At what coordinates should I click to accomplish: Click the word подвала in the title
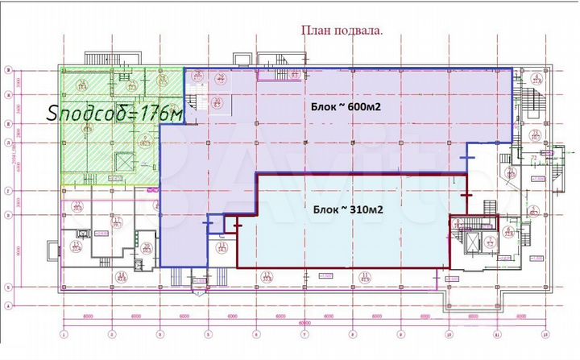point(361,31)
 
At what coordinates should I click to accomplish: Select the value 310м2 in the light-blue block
point(363,209)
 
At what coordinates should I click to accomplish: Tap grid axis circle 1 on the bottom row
point(63,333)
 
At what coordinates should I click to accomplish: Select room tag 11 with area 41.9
point(365,277)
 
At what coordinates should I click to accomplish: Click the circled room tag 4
point(535,79)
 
